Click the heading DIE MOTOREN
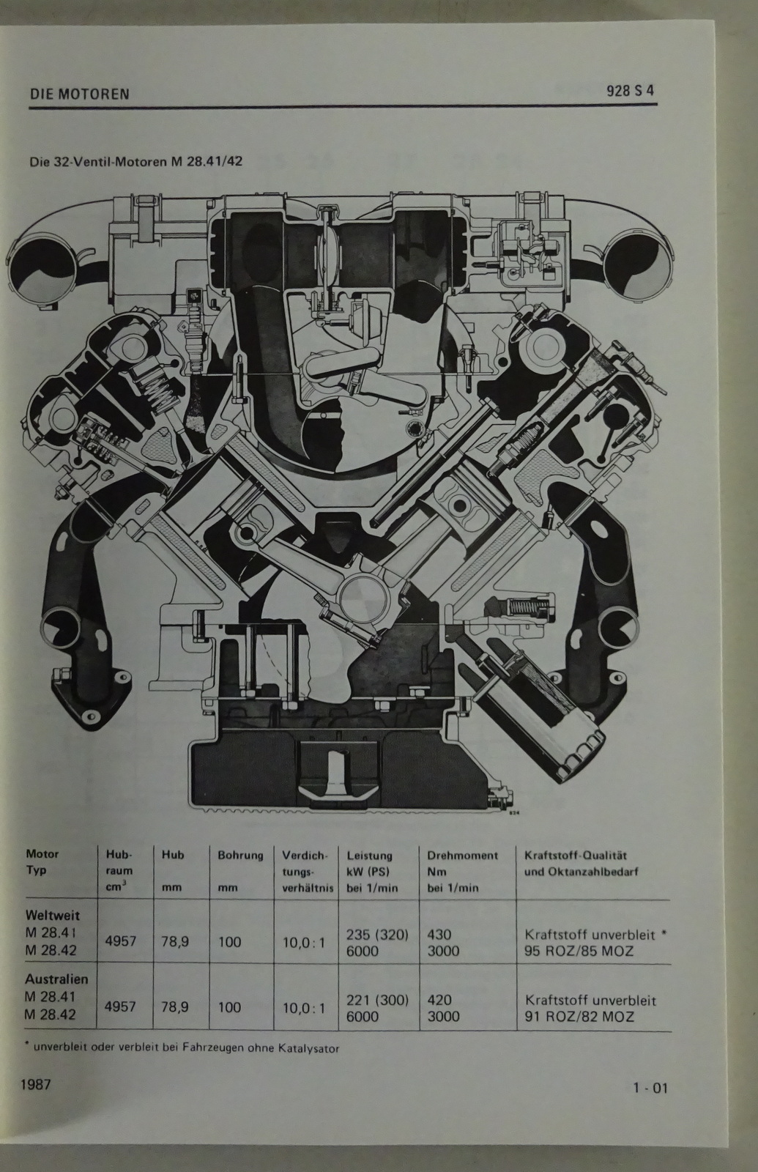tap(80, 94)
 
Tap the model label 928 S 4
tap(630, 91)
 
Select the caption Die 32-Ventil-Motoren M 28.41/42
tap(136, 161)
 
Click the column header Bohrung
tap(240, 856)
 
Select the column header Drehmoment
tap(462, 856)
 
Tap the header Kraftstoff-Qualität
tap(576, 856)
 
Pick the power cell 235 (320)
tap(377, 935)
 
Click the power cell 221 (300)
tap(377, 1000)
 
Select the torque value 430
tap(439, 935)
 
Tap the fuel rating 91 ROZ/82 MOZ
tap(579, 1017)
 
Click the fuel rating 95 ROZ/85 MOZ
tap(579, 951)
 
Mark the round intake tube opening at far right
tap(636, 266)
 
